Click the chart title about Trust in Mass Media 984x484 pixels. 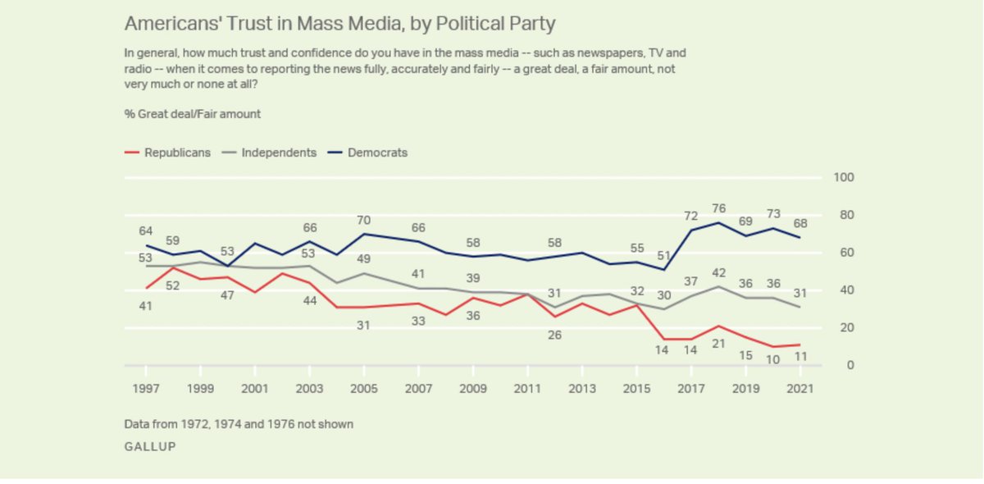pyautogui.click(x=339, y=22)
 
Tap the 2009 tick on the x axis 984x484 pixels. pyautogui.click(x=473, y=389)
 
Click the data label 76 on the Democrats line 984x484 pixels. pyautogui.click(x=719, y=207)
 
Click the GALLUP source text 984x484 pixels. pyautogui.click(x=150, y=446)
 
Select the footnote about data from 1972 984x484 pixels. pyautogui.click(x=239, y=424)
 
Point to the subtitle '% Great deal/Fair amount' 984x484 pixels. pyautogui.click(x=193, y=114)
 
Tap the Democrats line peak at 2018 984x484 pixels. pyautogui.click(x=719, y=222)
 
